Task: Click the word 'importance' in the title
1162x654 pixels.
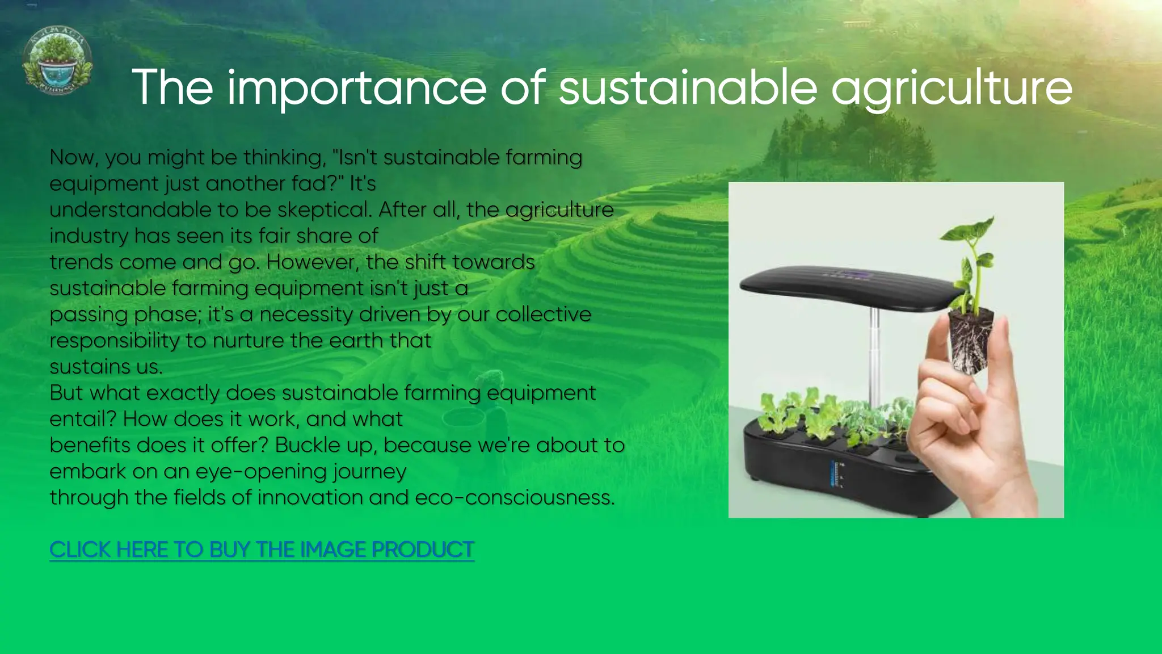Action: click(357, 87)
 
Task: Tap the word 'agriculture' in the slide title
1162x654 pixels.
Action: click(952, 89)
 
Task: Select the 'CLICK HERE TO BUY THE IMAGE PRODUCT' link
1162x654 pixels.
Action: click(262, 550)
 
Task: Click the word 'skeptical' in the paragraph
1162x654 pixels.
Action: click(324, 210)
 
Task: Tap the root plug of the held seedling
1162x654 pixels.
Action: click(971, 341)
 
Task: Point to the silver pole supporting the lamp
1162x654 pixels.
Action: click(874, 352)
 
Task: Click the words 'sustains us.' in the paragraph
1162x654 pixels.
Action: click(106, 367)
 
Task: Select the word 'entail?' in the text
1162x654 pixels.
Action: click(83, 419)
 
